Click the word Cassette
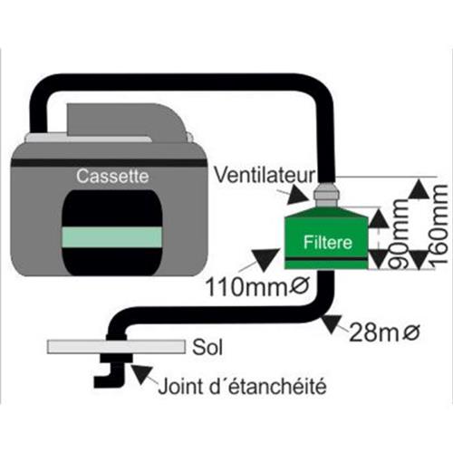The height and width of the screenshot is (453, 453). pyautogui.click(x=112, y=176)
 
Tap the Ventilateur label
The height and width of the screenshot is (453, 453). pyautogui.click(x=265, y=175)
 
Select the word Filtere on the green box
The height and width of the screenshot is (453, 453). pyautogui.click(x=328, y=243)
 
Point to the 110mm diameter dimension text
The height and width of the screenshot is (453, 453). pyautogui.click(x=257, y=287)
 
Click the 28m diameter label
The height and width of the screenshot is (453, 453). pyautogui.click(x=384, y=333)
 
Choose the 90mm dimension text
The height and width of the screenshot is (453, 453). pyautogui.click(x=398, y=234)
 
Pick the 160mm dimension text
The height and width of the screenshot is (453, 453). pyautogui.click(x=437, y=226)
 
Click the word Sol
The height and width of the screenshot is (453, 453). pyautogui.click(x=207, y=347)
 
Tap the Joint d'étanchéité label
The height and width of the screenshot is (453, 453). pyautogui.click(x=242, y=386)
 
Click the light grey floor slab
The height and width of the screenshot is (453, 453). pyautogui.click(x=117, y=347)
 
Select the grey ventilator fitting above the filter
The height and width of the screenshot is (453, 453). pyautogui.click(x=327, y=195)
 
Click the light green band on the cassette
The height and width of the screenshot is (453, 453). pyautogui.click(x=112, y=237)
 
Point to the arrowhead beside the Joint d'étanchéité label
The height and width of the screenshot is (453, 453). pyautogui.click(x=142, y=375)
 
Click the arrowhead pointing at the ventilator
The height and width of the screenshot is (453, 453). pyautogui.click(x=297, y=196)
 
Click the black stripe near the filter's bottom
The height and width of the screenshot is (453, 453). pyautogui.click(x=326, y=259)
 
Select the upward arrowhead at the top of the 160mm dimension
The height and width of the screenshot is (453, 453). pyautogui.click(x=419, y=189)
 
